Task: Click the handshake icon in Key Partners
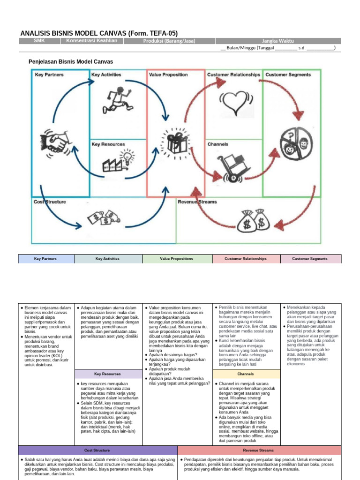tap(56, 139)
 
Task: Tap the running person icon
tap(119, 97)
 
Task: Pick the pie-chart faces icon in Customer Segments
tap(293, 142)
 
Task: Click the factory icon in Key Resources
tap(118, 160)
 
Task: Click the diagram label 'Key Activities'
tap(106, 75)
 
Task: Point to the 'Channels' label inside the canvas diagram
tap(217, 144)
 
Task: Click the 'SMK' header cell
tap(39, 41)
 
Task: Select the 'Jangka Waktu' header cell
tap(278, 41)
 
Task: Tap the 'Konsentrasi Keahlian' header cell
tap(91, 41)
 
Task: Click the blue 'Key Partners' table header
tap(46, 259)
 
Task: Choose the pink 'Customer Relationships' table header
tap(245, 259)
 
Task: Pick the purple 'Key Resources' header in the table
tap(107, 374)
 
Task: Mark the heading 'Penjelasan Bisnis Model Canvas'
tap(71, 61)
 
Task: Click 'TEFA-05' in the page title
tap(162, 33)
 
